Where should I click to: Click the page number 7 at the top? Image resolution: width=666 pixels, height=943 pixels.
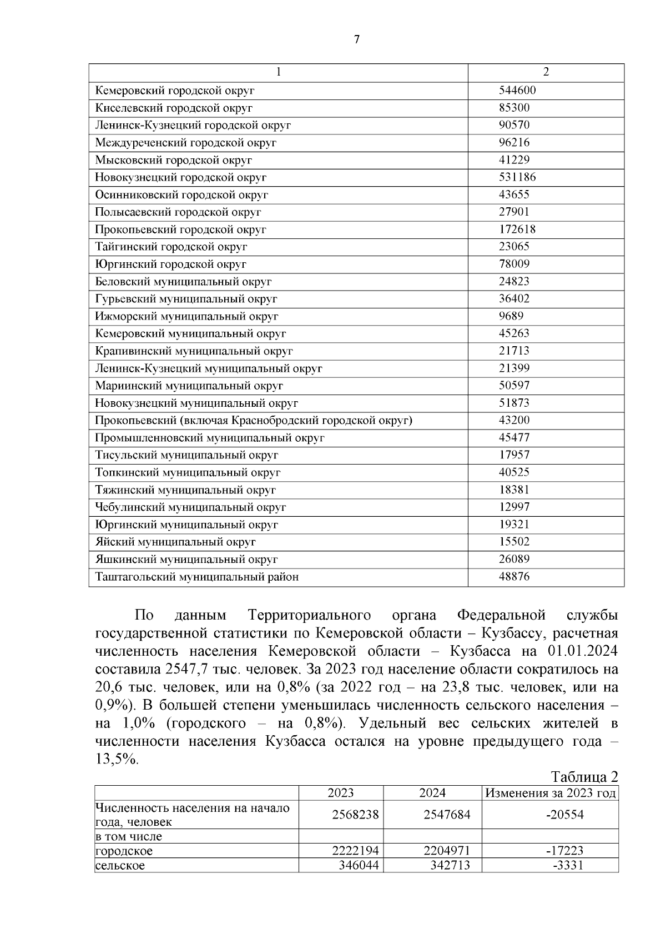(356, 39)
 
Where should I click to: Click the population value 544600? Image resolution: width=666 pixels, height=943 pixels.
(517, 90)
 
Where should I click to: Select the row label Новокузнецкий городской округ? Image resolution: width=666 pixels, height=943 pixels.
(180, 177)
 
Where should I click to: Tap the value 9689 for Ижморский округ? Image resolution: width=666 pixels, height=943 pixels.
(511, 316)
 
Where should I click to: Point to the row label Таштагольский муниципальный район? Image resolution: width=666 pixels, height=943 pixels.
(196, 577)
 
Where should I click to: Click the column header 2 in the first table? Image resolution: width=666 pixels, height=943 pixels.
(546, 72)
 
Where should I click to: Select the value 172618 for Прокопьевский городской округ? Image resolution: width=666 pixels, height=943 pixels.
(517, 229)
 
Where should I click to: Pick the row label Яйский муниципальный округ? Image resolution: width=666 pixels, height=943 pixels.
(175, 542)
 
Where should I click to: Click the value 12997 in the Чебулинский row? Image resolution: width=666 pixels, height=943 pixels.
(514, 507)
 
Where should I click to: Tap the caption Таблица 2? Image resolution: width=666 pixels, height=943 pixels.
(584, 777)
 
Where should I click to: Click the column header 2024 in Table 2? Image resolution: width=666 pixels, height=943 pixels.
(432, 793)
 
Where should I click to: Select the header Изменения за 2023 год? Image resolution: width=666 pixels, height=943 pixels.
(550, 793)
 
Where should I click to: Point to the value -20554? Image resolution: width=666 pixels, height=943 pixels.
(564, 815)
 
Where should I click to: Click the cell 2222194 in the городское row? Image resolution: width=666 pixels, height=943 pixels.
(355, 851)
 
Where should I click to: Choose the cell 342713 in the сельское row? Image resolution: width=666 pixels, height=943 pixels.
(450, 865)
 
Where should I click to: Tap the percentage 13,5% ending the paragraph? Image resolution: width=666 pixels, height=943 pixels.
(117, 760)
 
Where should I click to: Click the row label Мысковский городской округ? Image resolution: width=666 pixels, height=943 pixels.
(173, 160)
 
